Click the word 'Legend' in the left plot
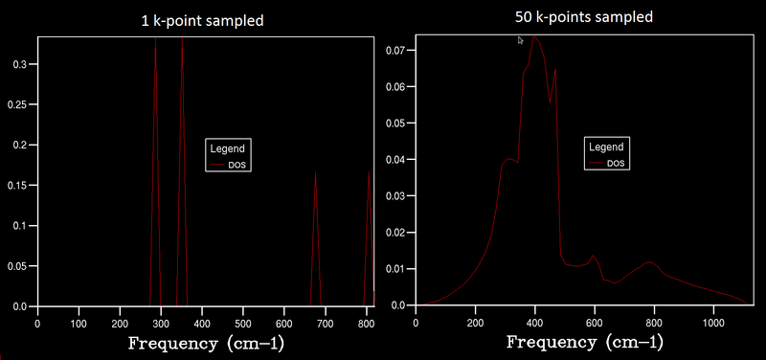pyautogui.click(x=228, y=148)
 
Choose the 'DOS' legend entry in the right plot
pyautogui.click(x=616, y=164)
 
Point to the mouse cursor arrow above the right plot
pyautogui.click(x=520, y=40)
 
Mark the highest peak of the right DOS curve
pyautogui.click(x=534, y=36)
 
